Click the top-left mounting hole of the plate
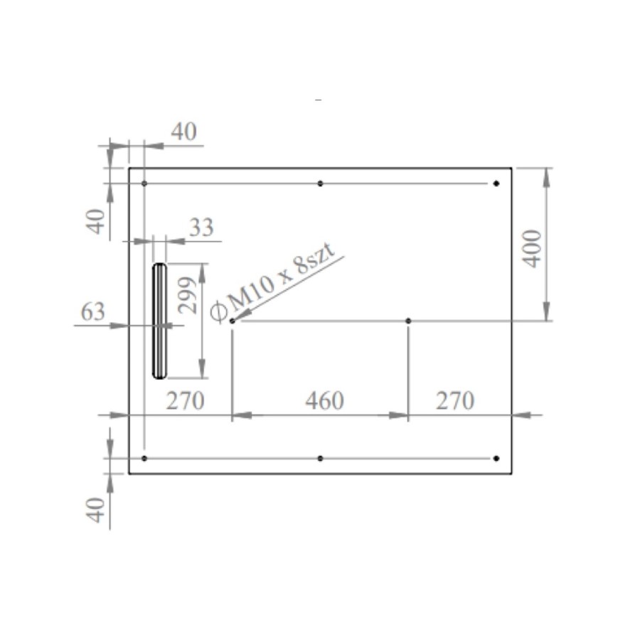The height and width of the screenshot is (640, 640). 144,183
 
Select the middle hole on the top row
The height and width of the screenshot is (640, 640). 320,183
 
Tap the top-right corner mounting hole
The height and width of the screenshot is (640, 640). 496,183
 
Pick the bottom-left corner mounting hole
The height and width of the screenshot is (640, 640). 144,459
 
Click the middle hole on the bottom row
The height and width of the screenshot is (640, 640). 320,459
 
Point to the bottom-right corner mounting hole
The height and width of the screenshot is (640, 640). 496,459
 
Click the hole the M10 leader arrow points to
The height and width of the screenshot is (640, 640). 233,321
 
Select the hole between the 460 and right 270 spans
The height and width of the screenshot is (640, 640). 408,321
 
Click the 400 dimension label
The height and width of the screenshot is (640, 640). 532,248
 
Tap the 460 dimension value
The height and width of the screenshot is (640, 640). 324,401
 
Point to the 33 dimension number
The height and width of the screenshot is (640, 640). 201,228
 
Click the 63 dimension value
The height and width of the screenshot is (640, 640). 93,311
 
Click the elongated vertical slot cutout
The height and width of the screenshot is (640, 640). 159,321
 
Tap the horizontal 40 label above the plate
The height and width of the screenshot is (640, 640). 183,132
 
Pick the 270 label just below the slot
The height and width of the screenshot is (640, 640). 185,401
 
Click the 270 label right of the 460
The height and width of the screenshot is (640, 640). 454,401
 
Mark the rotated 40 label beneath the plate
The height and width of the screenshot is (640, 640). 97,509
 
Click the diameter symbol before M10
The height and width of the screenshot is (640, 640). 220,308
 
